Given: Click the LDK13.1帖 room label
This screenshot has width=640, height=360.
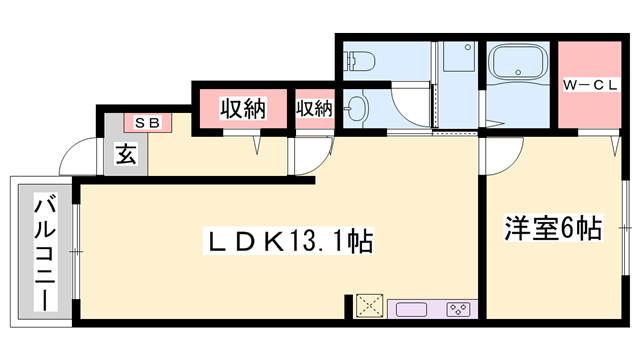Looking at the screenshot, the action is tap(289, 241).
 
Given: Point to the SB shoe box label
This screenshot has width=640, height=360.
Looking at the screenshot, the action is tap(147, 122).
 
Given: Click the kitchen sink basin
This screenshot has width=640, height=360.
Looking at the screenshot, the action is tap(411, 308).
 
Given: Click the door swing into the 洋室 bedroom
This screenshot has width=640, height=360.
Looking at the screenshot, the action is tap(503, 153).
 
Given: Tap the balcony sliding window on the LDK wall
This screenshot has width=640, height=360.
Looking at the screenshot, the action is tap(76, 250).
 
